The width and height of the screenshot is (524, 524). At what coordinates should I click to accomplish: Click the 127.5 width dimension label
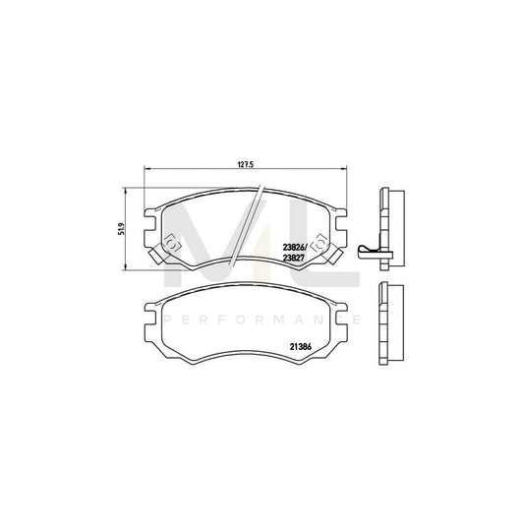pos(246,164)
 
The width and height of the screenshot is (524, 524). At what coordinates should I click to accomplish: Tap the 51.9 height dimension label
pos(121,229)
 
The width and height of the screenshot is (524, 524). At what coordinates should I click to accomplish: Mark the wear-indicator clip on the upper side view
pos(369,251)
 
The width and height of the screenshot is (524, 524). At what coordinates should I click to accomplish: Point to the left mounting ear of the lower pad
pos(150,320)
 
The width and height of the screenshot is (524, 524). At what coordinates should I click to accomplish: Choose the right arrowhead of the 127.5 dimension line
pos(342,171)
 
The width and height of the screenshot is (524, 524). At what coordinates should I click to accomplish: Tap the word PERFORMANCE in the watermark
pos(262,321)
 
